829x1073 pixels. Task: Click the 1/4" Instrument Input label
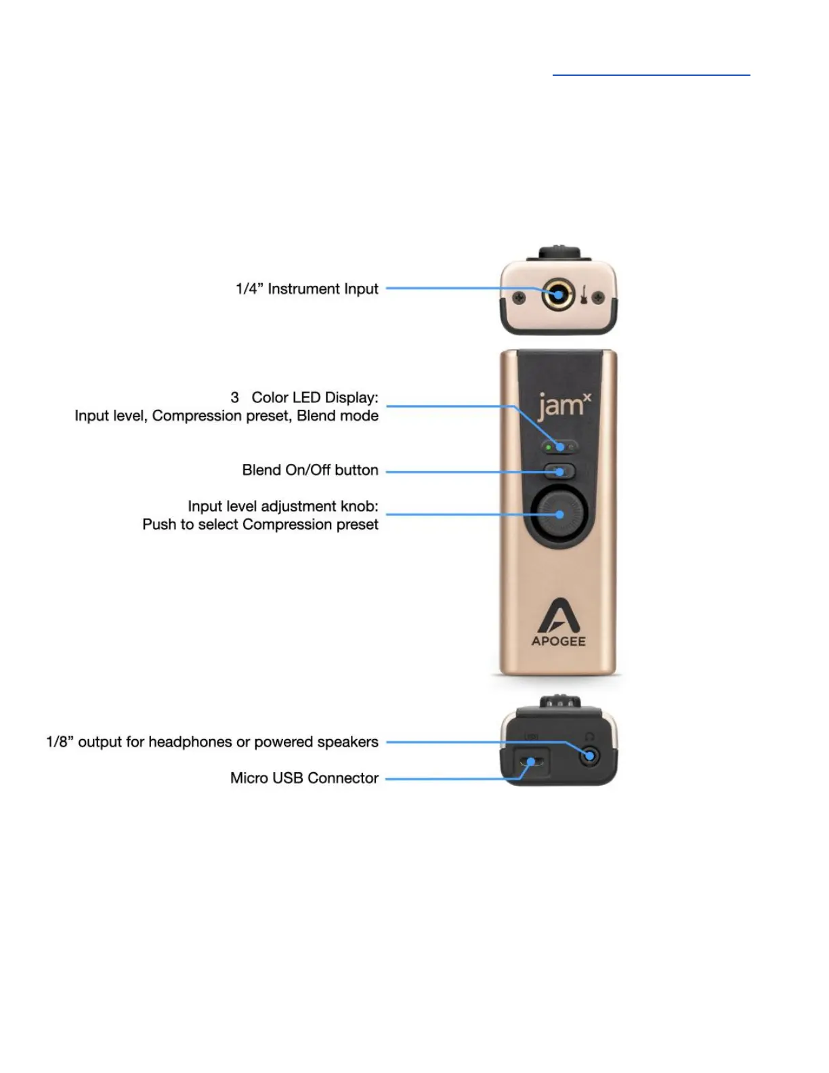(x=307, y=289)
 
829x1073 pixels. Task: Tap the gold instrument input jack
(x=559, y=295)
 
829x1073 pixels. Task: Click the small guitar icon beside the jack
(x=583, y=295)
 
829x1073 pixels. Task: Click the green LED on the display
(x=548, y=448)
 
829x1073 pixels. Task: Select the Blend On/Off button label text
(x=310, y=470)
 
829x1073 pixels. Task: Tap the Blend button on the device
(x=559, y=471)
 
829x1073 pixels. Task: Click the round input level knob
(x=559, y=515)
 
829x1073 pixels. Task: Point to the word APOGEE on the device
(x=559, y=641)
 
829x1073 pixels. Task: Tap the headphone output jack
(x=590, y=756)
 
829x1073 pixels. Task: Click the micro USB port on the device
(x=532, y=762)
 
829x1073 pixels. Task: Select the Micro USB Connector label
(x=304, y=778)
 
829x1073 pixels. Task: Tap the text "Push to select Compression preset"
(x=260, y=525)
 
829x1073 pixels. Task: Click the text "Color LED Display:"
(x=315, y=398)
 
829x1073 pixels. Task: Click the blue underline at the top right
(x=651, y=75)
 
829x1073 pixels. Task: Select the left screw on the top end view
(x=519, y=297)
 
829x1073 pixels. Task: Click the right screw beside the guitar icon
(x=599, y=297)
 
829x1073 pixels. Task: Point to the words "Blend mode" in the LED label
(x=337, y=416)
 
